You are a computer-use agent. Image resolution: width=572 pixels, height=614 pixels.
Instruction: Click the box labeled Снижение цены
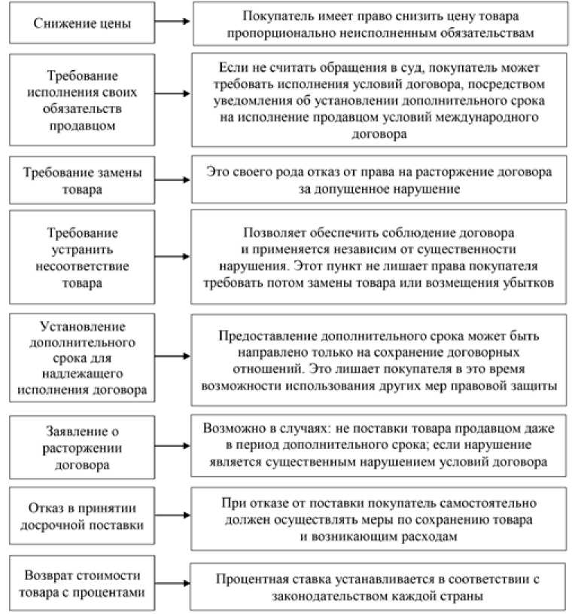pos(82,23)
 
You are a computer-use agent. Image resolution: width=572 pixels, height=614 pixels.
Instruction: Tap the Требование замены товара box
pos(82,180)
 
